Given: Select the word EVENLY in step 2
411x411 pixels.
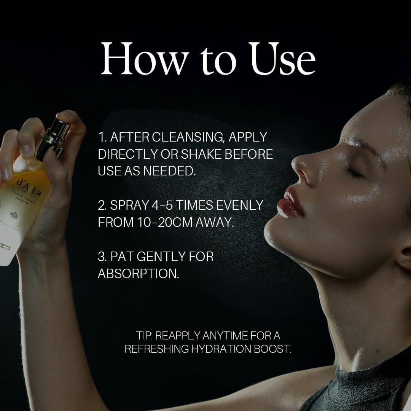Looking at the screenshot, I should pyautogui.click(x=240, y=205).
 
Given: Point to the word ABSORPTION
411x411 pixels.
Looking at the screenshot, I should pyautogui.click(x=139, y=274).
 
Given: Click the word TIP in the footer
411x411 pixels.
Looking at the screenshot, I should pyautogui.click(x=144, y=336).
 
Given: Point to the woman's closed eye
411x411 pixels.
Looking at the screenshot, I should pyautogui.click(x=352, y=170).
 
